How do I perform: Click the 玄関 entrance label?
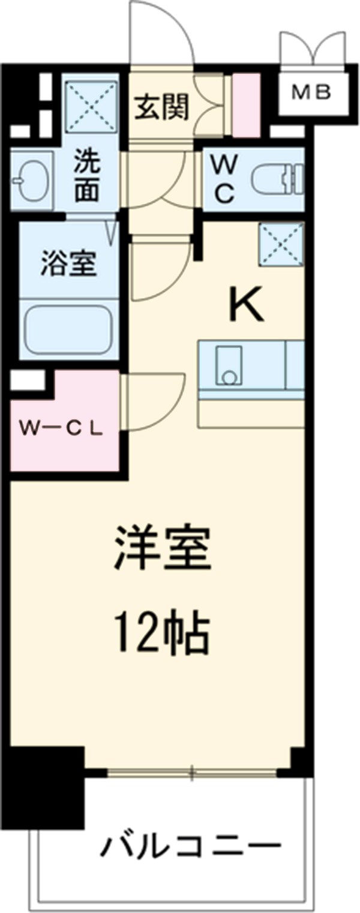click(161, 107)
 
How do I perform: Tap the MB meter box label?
click(311, 92)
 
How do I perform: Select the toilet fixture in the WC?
click(277, 178)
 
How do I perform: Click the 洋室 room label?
click(163, 548)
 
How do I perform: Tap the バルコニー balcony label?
click(190, 847)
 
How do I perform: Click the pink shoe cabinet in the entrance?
click(246, 104)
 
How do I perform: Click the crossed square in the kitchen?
click(281, 244)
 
